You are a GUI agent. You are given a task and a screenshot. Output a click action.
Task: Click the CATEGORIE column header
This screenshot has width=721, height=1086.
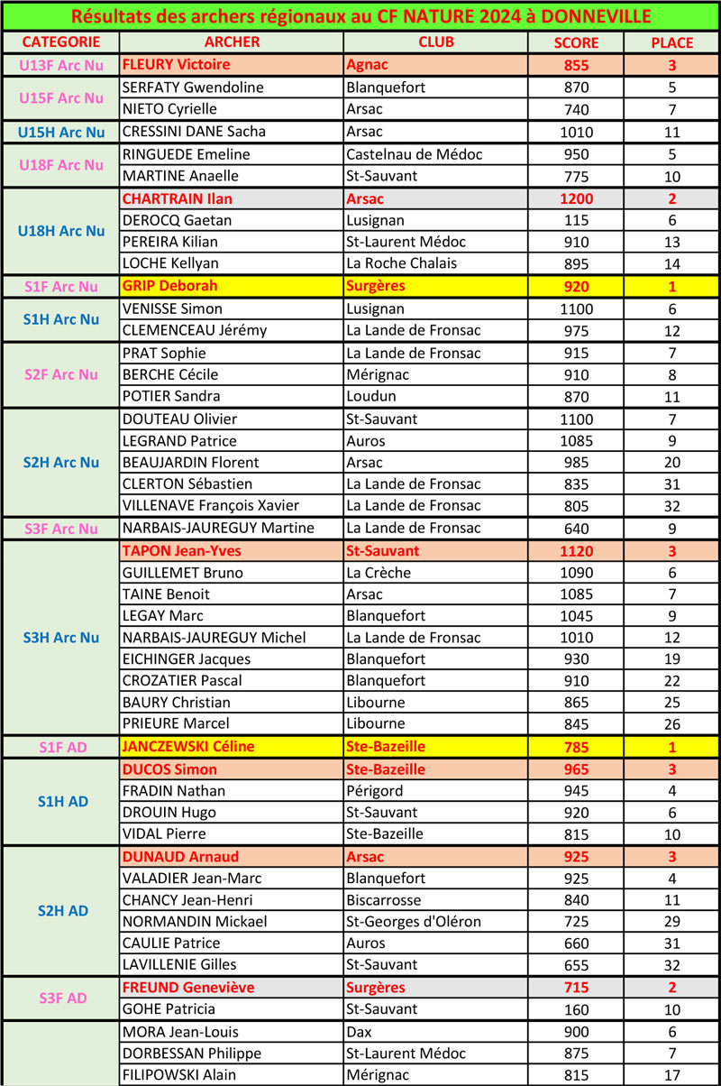(x=60, y=42)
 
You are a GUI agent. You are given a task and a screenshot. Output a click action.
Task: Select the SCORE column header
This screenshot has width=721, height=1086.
(x=576, y=42)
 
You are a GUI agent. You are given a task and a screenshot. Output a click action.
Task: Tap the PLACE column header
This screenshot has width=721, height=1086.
(x=671, y=42)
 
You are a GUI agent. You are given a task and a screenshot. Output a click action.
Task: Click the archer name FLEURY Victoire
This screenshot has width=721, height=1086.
(x=176, y=65)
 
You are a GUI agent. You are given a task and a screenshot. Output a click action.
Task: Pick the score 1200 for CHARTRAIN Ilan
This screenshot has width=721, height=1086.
(x=576, y=198)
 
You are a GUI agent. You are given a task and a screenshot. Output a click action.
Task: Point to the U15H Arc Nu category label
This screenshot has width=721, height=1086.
(x=60, y=132)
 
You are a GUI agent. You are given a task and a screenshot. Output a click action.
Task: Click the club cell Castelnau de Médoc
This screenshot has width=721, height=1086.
(x=414, y=154)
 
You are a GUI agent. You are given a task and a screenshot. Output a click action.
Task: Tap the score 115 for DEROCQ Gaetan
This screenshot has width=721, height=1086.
(x=576, y=220)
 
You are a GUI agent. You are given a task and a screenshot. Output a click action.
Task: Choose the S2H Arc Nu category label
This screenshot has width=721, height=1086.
(x=60, y=463)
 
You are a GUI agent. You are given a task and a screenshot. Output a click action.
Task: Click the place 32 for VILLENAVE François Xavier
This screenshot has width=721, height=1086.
(x=671, y=506)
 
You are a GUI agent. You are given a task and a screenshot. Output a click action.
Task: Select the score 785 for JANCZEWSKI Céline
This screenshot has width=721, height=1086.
(x=576, y=747)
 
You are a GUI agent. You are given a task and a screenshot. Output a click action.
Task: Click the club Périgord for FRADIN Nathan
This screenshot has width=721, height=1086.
(x=372, y=791)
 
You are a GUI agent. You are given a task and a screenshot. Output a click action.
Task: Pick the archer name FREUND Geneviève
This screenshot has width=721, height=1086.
(x=187, y=988)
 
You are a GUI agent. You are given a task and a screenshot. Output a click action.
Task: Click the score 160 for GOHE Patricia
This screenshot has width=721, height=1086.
(x=576, y=1009)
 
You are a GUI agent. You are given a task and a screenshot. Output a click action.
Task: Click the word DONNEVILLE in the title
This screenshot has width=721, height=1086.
(x=598, y=16)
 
